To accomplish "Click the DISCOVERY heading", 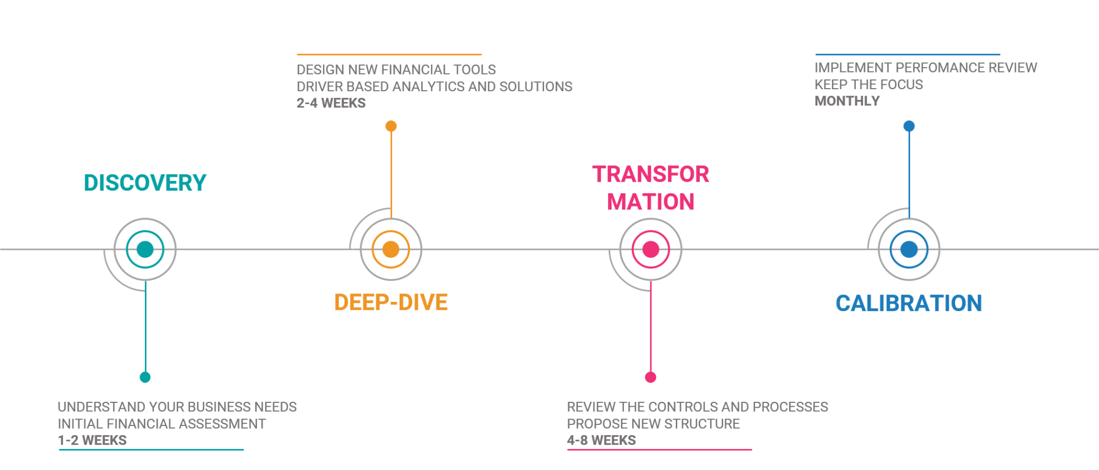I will point(145,183).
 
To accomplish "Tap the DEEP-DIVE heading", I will point(391,302).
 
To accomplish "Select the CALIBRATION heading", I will point(908,303).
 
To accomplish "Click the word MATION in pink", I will point(650,202).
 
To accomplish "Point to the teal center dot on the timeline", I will point(145,249).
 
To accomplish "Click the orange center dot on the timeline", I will point(391,249).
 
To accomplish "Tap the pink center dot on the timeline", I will point(650,249).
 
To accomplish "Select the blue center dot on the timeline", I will point(908,249).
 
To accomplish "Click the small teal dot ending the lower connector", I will point(145,377).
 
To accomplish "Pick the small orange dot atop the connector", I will point(391,126).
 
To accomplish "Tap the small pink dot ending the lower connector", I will point(650,377).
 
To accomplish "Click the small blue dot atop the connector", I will point(908,126).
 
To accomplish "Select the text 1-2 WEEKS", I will point(92,440).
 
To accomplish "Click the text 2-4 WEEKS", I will point(331,103).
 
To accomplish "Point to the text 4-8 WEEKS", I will point(601,440).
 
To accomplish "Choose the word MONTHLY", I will point(847,101).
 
